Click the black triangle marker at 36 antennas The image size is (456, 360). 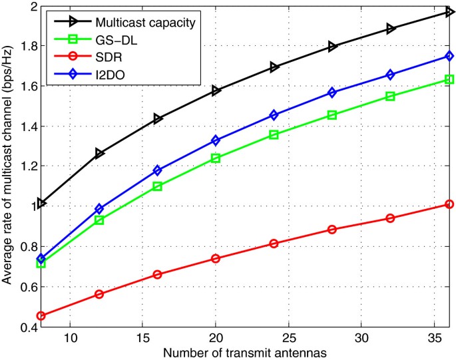tap(449, 12)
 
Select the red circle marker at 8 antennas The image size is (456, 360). tap(41, 315)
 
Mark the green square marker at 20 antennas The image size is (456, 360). tap(216, 158)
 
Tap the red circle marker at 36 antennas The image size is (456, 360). tap(449, 204)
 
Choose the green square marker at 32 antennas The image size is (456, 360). tap(390, 96)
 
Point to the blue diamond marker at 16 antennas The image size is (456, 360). tap(158, 170)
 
